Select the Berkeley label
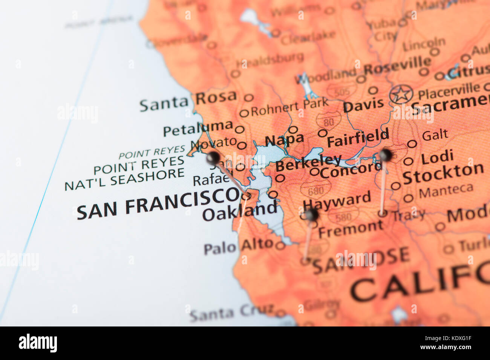point(308,163)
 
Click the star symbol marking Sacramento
point(401,94)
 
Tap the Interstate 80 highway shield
point(328,121)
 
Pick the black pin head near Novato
point(213,158)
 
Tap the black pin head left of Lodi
point(385,154)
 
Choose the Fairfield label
point(358,138)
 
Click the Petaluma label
point(198,128)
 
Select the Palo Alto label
point(238,246)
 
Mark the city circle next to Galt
point(412,143)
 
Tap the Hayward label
point(337,201)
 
